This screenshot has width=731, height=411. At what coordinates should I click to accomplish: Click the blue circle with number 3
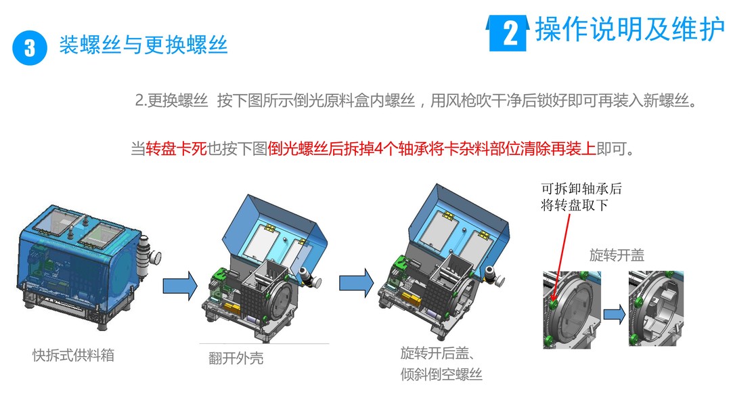pyautogui.click(x=30, y=48)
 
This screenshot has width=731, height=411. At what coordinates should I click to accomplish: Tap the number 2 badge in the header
pyautogui.click(x=508, y=33)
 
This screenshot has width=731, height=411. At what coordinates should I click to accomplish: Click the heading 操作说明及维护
pyautogui.click(x=630, y=29)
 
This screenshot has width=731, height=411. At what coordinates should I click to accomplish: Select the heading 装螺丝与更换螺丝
pyautogui.click(x=143, y=45)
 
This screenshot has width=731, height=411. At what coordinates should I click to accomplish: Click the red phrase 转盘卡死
pyautogui.click(x=176, y=149)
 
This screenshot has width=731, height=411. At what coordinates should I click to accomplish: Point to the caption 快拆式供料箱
pyautogui.click(x=73, y=355)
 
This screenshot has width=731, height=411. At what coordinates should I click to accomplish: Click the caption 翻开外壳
pyautogui.click(x=236, y=358)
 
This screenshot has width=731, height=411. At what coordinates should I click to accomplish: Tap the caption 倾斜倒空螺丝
pyautogui.click(x=441, y=374)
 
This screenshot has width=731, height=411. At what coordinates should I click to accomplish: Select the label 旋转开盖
pyautogui.click(x=617, y=255)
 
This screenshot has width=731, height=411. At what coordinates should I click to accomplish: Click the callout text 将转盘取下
pyautogui.click(x=575, y=204)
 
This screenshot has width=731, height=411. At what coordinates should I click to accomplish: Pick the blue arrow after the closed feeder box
pyautogui.click(x=180, y=286)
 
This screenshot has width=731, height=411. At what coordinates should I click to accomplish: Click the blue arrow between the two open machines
pyautogui.click(x=356, y=283)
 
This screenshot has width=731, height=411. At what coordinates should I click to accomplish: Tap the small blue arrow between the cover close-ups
pyautogui.click(x=615, y=314)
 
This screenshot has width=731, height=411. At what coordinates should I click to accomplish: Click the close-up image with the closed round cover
pyautogui.click(x=572, y=309)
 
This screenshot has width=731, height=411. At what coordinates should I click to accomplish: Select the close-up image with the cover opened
pyautogui.click(x=656, y=308)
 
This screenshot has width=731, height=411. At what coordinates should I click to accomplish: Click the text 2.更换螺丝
pyautogui.click(x=171, y=100)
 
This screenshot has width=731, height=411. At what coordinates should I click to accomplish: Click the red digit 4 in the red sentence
pyautogui.click(x=378, y=149)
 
